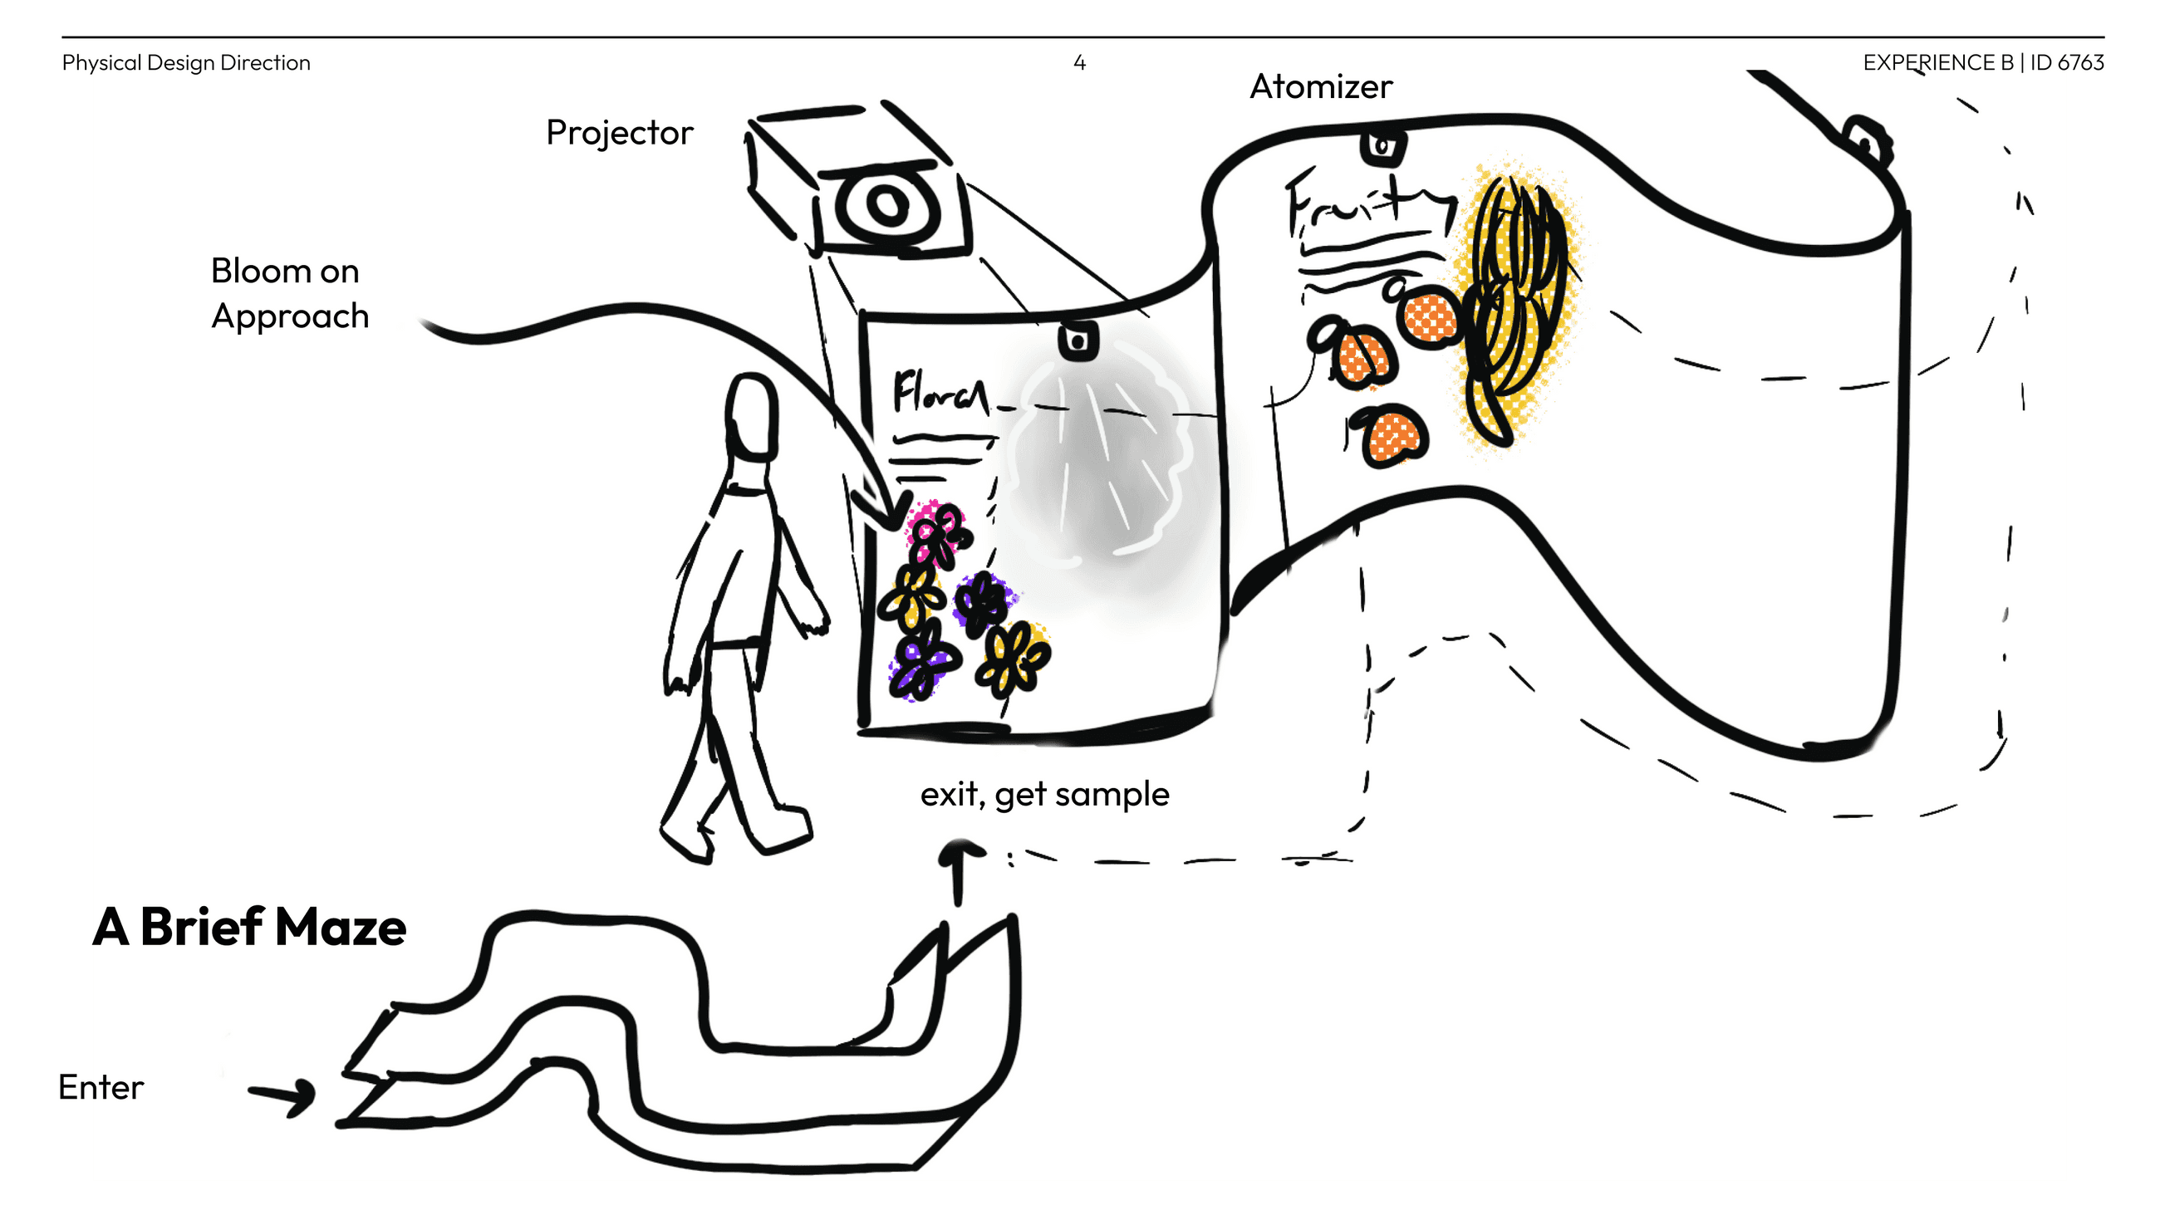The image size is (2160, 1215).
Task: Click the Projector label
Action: point(619,133)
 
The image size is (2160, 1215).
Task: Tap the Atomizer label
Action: point(1321,86)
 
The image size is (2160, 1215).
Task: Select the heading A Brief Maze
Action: point(249,928)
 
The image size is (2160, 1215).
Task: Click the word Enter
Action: point(101,1087)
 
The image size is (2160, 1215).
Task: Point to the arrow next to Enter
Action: point(283,1095)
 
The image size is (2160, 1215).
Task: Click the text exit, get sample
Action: point(1044,794)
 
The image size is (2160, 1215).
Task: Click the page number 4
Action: point(1079,63)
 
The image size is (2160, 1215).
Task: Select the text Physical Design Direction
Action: point(186,63)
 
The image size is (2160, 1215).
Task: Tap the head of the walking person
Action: point(751,416)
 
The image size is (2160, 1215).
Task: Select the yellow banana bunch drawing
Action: point(1514,301)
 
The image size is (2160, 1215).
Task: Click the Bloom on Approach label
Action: point(289,293)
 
